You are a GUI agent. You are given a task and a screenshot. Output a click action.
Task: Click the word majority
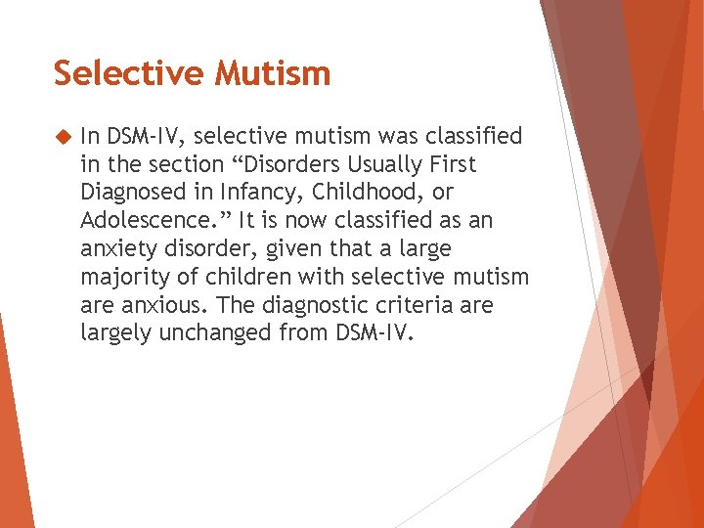coord(121,277)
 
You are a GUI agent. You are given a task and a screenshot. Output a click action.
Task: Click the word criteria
coord(411,305)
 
